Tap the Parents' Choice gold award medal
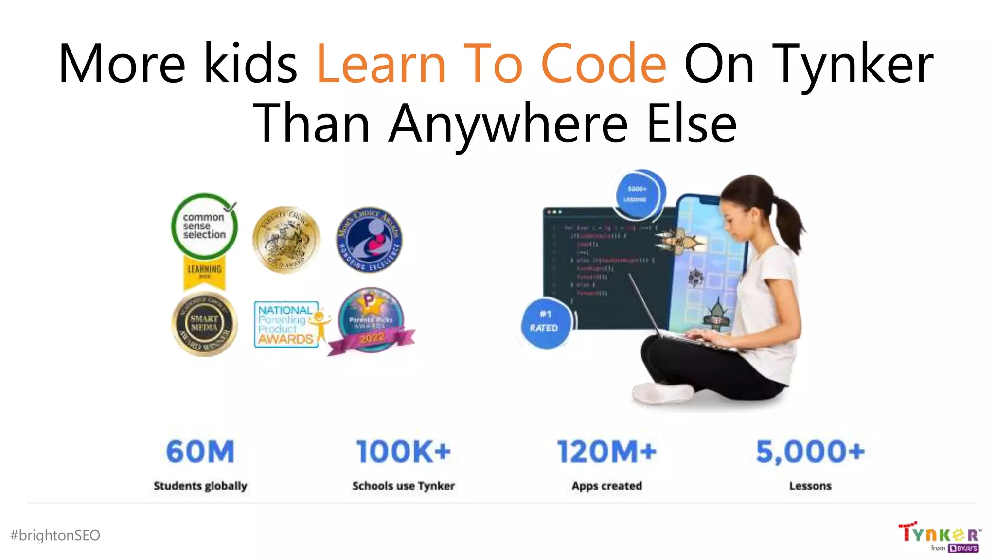click(x=286, y=239)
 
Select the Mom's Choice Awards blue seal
click(x=370, y=239)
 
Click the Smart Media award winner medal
click(x=205, y=324)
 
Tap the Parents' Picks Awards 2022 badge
click(x=371, y=321)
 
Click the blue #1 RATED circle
click(x=545, y=322)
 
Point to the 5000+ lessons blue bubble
click(x=637, y=194)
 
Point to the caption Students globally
click(x=200, y=486)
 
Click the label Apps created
click(x=607, y=486)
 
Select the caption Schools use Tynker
click(x=403, y=486)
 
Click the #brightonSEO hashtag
click(x=55, y=535)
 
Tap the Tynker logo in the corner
click(x=939, y=536)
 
